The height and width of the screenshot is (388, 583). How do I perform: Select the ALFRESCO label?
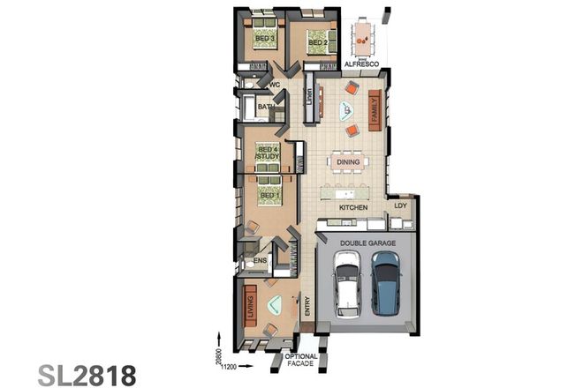360,66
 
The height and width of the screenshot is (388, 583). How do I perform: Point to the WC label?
275,85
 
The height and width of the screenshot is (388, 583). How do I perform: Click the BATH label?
265,108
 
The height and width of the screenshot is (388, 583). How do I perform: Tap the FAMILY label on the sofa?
375,108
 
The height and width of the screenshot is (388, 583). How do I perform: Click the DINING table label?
348,161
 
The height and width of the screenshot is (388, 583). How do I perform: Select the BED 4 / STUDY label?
267,153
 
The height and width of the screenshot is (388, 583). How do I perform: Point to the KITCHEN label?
353,207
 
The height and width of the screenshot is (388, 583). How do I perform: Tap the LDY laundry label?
399,207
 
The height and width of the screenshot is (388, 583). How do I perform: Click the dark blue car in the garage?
385,282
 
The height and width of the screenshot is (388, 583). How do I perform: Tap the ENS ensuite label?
260,261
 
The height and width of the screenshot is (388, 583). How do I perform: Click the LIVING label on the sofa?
250,309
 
